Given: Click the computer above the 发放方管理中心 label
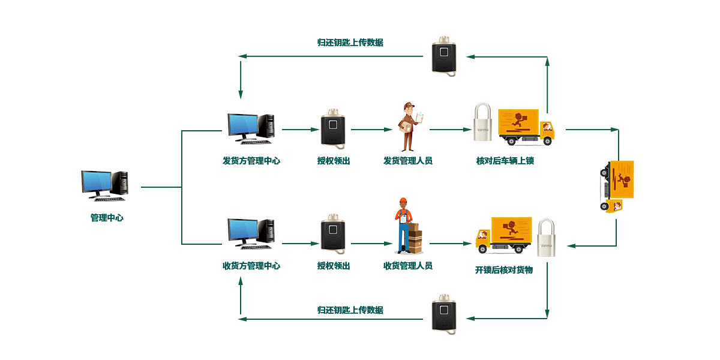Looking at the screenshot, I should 250,128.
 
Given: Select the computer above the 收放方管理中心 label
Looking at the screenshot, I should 250,233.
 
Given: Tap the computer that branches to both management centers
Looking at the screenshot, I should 104,185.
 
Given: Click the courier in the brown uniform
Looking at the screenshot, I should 409,127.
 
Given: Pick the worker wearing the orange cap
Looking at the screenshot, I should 401,225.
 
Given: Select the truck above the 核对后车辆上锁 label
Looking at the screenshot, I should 526,127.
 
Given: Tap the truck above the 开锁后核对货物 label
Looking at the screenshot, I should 504,235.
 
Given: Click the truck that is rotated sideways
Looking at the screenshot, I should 617,185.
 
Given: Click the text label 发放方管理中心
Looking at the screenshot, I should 251,161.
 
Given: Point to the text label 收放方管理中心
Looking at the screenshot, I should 251,265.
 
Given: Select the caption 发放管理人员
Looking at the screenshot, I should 408,161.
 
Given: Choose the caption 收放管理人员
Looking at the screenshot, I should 408,265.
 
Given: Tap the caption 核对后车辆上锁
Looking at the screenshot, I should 505,161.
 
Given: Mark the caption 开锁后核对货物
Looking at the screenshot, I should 503,269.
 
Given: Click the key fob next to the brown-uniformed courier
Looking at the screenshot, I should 333,128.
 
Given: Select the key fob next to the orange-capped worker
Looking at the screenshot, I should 333,233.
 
